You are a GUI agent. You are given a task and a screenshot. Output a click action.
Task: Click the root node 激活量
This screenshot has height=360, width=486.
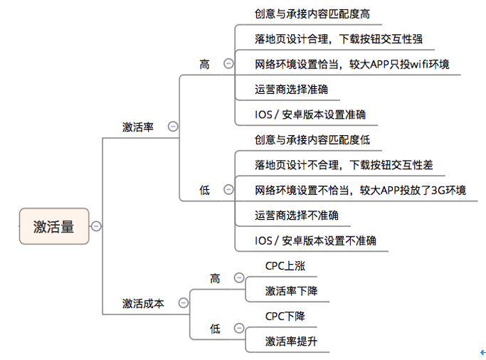coord(54,226)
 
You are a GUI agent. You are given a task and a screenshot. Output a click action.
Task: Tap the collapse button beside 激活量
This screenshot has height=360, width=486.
coord(96,226)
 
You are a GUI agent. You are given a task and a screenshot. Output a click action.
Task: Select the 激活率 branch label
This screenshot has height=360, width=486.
coord(138,127)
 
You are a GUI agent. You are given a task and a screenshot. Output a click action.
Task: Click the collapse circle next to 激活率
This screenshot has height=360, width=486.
coord(173,127)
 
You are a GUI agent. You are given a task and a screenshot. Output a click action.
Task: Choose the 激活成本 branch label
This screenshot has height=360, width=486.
coord(143,303)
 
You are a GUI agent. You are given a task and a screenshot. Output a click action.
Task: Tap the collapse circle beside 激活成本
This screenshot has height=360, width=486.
coord(183,302)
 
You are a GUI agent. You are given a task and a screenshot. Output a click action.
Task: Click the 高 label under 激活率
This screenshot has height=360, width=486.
coord(204,64)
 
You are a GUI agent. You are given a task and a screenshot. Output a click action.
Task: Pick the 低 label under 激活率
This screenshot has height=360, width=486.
coord(204,190)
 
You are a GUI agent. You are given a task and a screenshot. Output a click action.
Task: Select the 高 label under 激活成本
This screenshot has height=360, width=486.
coord(215,278)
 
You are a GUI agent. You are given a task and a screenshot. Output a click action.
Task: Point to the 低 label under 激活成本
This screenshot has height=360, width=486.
coord(215,329)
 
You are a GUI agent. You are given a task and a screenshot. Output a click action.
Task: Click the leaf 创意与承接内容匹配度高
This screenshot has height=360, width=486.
coord(312,14)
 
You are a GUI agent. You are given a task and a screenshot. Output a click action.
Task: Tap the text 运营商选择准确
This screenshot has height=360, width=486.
coord(291,90)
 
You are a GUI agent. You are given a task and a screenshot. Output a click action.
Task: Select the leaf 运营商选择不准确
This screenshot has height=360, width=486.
coord(297,216)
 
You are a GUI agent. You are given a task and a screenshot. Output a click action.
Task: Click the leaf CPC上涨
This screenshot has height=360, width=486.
coord(285,266)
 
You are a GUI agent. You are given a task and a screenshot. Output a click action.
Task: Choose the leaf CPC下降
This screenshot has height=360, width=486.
coord(285,316)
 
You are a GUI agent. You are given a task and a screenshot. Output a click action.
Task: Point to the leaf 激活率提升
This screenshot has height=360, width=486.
coord(291,342)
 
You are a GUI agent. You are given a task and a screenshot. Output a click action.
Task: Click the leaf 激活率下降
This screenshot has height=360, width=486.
coord(291,291)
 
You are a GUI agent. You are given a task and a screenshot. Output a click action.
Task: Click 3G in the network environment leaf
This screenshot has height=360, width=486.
coord(438,190)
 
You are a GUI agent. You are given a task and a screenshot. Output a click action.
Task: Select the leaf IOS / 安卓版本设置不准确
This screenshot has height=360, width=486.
coord(315,240)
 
